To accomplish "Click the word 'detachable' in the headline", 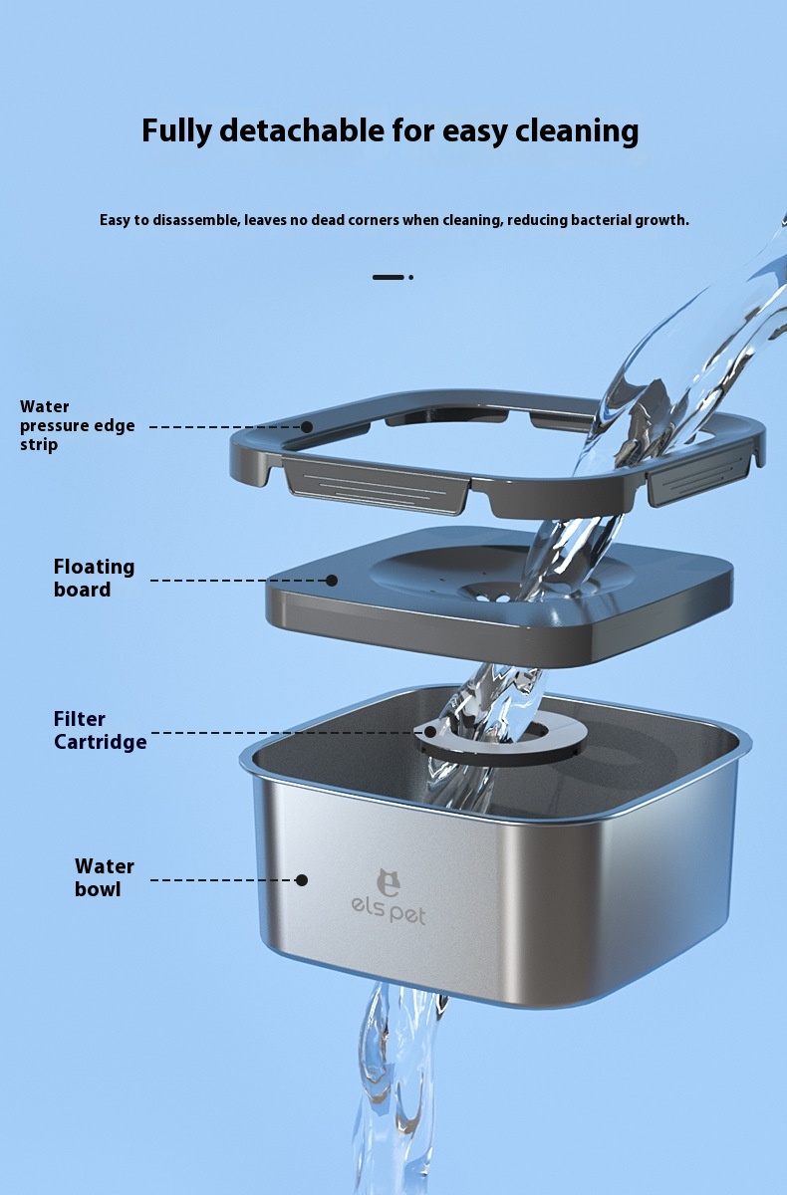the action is (x=303, y=129).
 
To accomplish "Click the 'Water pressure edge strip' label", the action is (x=77, y=426).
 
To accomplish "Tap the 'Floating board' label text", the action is (x=94, y=578).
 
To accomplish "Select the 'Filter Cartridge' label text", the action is (x=100, y=730).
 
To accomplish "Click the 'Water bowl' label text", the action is (x=104, y=877).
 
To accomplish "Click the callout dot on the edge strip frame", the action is (x=306, y=427).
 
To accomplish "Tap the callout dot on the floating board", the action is (x=332, y=580).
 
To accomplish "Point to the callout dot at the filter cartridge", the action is (x=430, y=733).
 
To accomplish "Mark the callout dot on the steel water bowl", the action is (x=302, y=879).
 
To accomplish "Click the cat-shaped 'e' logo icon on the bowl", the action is (x=388, y=883).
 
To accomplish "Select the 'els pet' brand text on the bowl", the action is (x=389, y=915).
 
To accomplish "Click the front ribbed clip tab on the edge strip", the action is (x=376, y=486).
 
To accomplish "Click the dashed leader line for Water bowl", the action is (x=223, y=879).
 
